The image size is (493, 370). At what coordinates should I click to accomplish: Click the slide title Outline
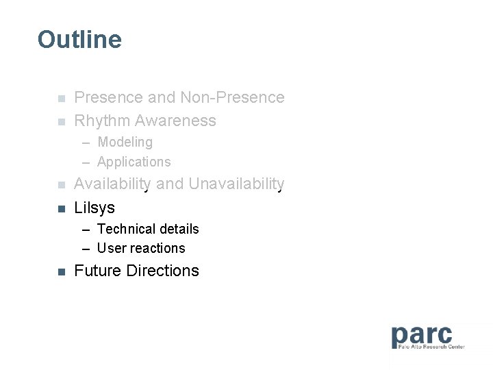coord(79,40)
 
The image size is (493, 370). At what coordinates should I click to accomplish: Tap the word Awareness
coord(175,121)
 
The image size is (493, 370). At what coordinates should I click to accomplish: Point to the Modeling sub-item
coord(125,143)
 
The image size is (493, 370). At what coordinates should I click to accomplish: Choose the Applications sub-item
coord(134,162)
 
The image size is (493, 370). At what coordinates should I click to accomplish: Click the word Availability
coord(112,184)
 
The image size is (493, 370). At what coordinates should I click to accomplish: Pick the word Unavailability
coord(236,184)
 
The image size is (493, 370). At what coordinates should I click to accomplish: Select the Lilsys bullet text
coord(94,208)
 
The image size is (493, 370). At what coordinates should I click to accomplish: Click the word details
coord(178,229)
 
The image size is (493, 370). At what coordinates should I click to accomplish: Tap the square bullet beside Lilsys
coord(61,208)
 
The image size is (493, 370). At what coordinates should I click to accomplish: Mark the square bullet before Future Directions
coord(61,272)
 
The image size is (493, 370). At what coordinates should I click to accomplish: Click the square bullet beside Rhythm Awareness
coord(61,122)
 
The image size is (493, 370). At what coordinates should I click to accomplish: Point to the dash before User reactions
coord(86,249)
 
